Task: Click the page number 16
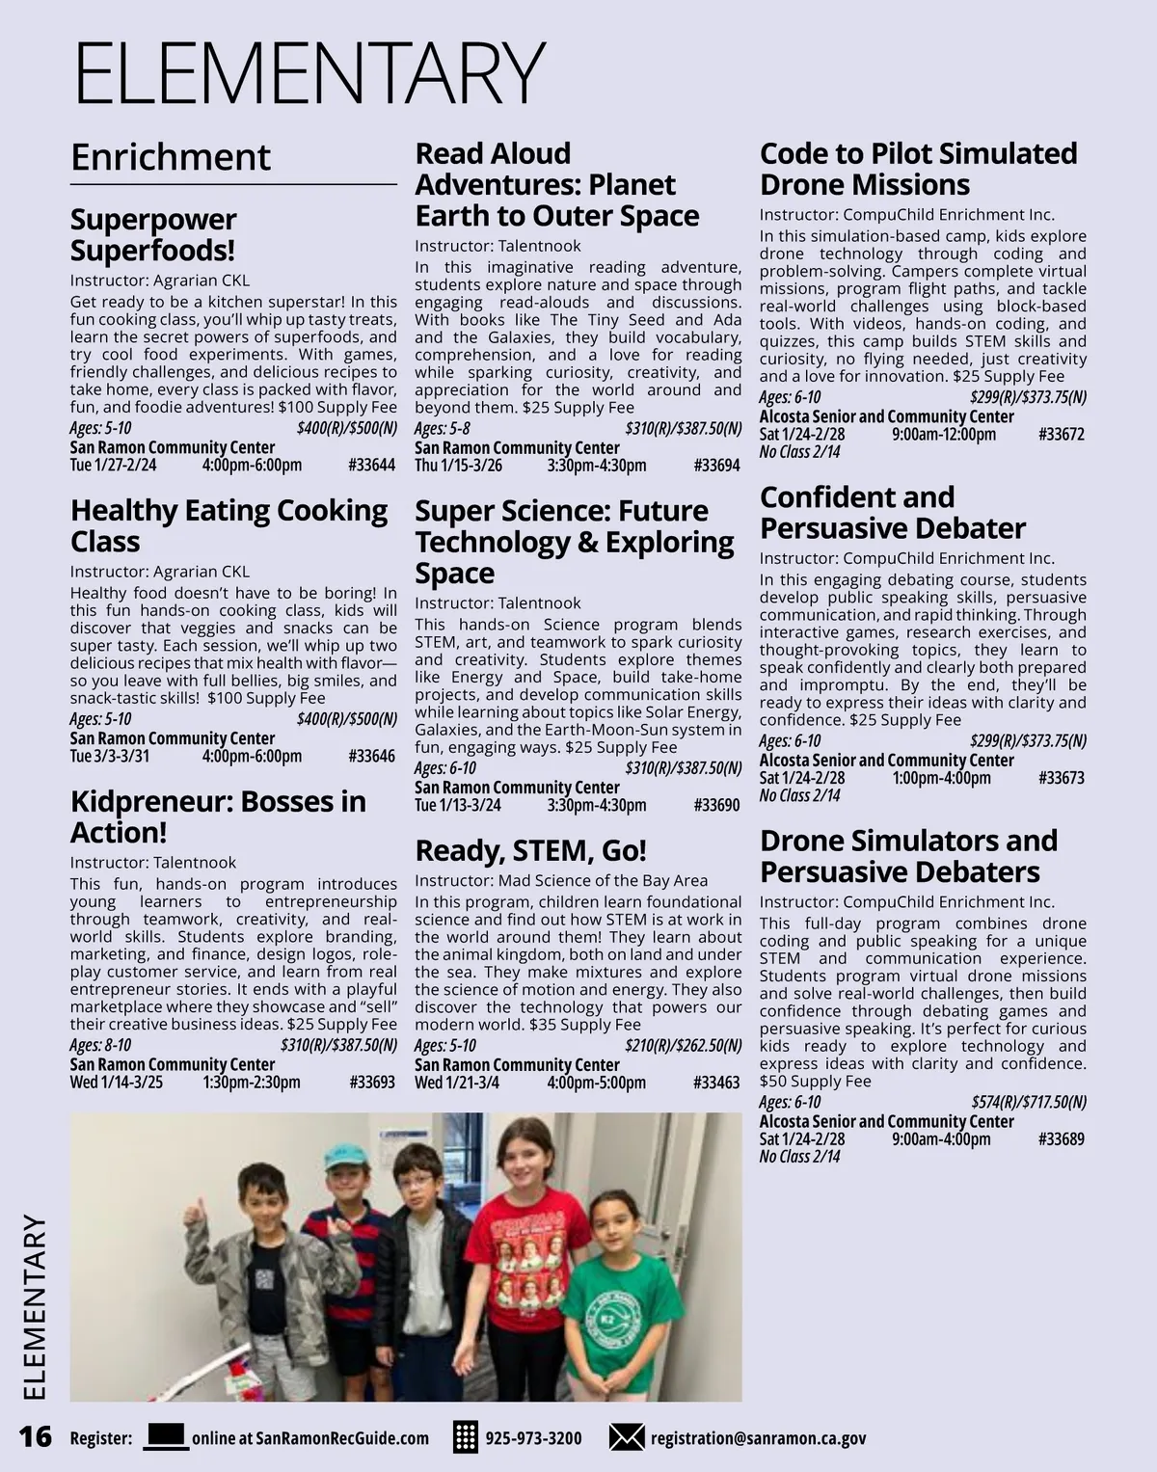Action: [x=36, y=1436]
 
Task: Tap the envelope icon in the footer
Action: [x=627, y=1437]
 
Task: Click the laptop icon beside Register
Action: [x=166, y=1436]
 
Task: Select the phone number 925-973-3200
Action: [x=533, y=1438]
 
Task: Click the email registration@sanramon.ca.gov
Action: [x=758, y=1438]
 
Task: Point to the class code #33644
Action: [x=371, y=466]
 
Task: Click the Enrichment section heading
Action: [x=171, y=157]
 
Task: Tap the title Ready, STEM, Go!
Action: [x=530, y=850]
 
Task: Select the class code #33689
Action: [x=1062, y=1139]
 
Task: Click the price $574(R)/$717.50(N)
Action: [x=1029, y=1102]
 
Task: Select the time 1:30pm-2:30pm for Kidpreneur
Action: [x=252, y=1083]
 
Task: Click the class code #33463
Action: [x=716, y=1083]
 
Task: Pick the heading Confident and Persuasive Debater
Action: [x=892, y=513]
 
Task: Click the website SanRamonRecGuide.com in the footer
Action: [x=310, y=1438]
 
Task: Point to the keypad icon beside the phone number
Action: [x=466, y=1437]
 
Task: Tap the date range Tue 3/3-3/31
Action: [x=110, y=756]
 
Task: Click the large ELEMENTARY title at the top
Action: [x=309, y=73]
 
